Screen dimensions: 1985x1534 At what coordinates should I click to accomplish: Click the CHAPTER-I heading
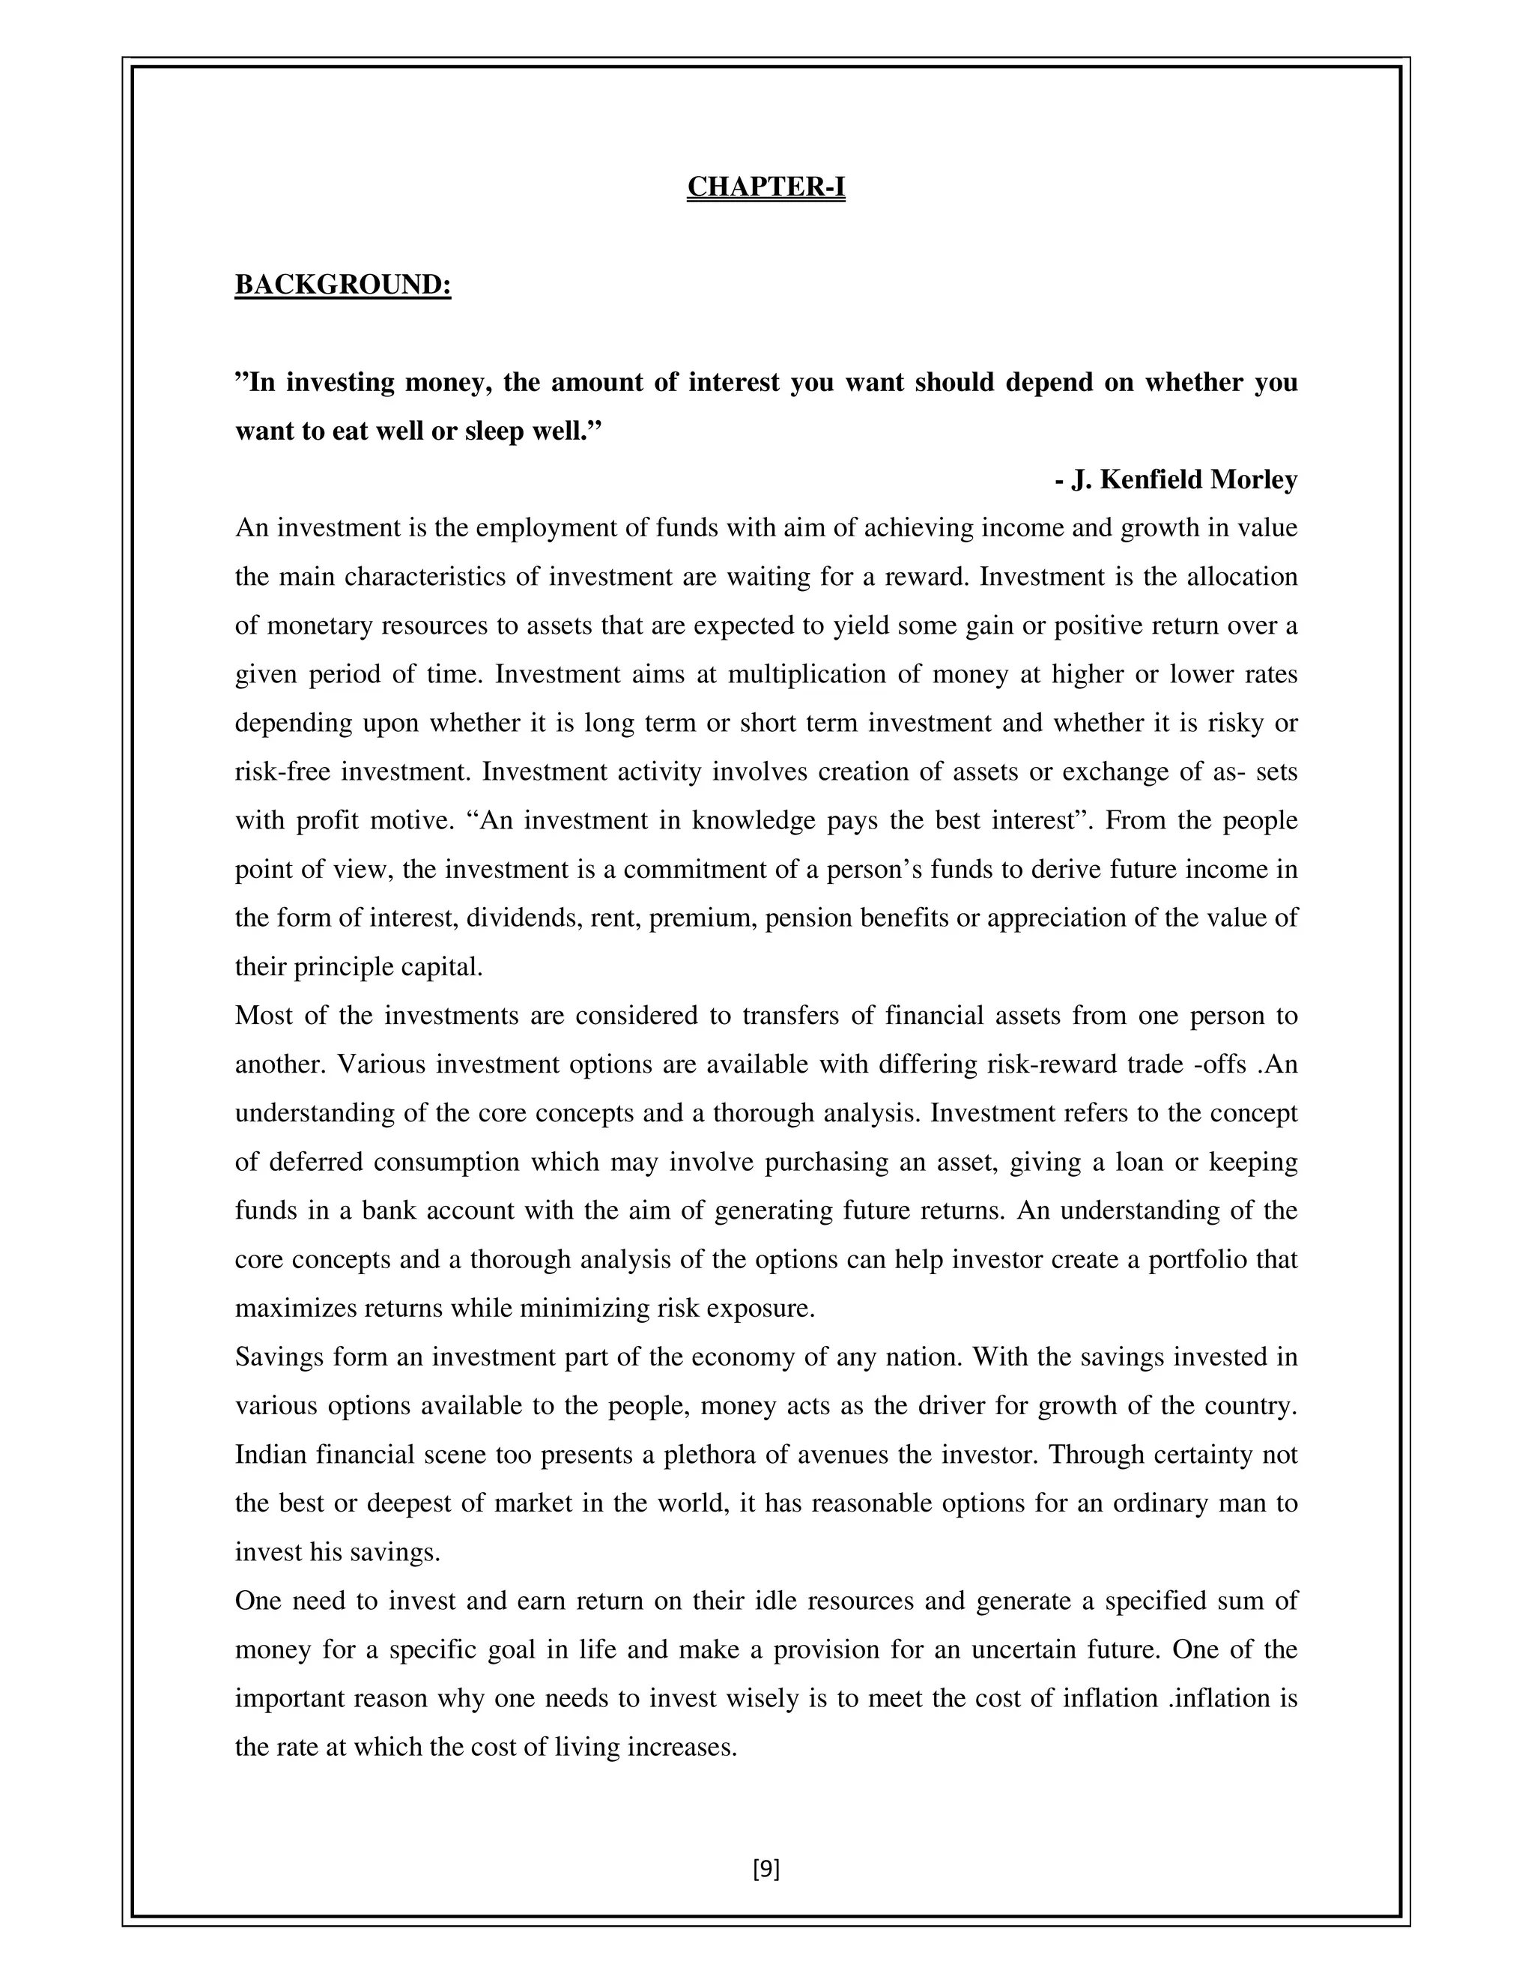point(766,187)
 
